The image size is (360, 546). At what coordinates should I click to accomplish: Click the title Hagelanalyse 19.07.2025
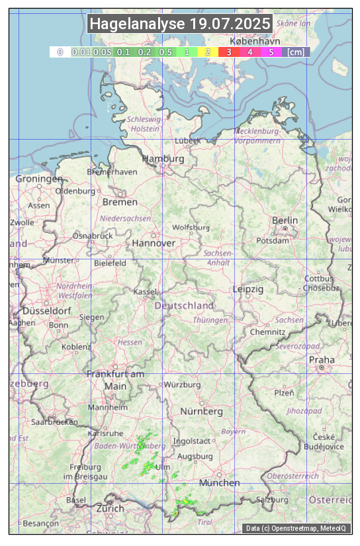click(180, 24)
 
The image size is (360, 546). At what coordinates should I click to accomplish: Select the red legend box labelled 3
click(228, 52)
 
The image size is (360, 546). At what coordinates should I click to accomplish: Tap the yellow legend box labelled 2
click(208, 52)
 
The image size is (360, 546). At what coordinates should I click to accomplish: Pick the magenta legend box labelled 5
click(271, 52)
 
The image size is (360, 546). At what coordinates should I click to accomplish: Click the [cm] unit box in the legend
click(296, 52)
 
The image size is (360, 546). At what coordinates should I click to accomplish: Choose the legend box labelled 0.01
click(80, 52)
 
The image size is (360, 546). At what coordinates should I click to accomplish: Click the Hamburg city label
click(163, 159)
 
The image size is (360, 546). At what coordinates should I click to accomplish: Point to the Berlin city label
click(285, 220)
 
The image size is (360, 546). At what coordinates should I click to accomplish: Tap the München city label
click(219, 483)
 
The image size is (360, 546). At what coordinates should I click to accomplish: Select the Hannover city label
click(154, 244)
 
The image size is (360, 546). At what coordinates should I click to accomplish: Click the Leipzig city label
click(248, 290)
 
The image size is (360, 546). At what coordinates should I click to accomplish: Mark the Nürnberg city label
click(202, 412)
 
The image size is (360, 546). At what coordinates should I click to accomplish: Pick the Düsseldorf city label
click(47, 311)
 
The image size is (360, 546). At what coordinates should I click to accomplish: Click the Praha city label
click(322, 360)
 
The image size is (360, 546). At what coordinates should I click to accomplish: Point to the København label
click(255, 41)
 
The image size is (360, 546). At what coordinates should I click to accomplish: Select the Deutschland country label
click(184, 306)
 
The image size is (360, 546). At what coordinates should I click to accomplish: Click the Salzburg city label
click(273, 500)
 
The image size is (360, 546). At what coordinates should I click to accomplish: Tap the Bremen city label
click(120, 202)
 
